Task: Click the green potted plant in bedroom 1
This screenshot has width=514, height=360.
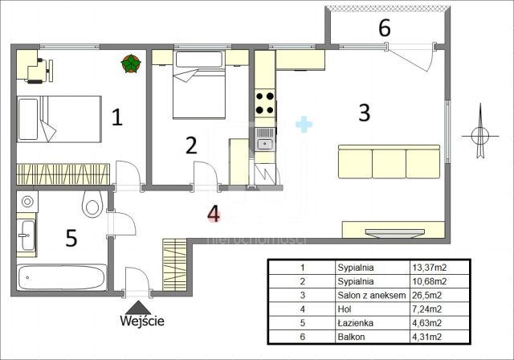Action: tap(131, 63)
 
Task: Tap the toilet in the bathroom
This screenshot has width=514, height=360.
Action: tap(92, 204)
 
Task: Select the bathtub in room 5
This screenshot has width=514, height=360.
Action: tap(62, 277)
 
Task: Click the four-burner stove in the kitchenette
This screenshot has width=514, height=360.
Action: tap(265, 104)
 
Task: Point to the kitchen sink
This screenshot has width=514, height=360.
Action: tap(265, 139)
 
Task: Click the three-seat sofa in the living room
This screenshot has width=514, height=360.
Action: tap(389, 162)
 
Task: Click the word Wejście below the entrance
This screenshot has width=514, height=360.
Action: tap(142, 321)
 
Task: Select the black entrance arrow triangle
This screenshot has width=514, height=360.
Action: tap(138, 308)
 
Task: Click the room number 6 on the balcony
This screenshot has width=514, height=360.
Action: tap(385, 28)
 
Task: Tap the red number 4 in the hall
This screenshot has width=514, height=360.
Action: tap(214, 214)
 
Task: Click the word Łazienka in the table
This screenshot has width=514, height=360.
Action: tap(355, 323)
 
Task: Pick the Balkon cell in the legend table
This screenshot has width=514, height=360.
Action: tap(351, 337)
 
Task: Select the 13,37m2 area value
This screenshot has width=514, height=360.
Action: tap(430, 268)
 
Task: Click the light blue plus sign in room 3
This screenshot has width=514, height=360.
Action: tap(304, 125)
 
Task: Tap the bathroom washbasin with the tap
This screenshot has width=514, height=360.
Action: tap(27, 235)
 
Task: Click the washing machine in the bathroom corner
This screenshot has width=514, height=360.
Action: tap(27, 202)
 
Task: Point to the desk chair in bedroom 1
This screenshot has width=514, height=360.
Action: tap(42, 71)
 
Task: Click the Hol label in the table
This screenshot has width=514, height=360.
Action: tap(345, 309)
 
